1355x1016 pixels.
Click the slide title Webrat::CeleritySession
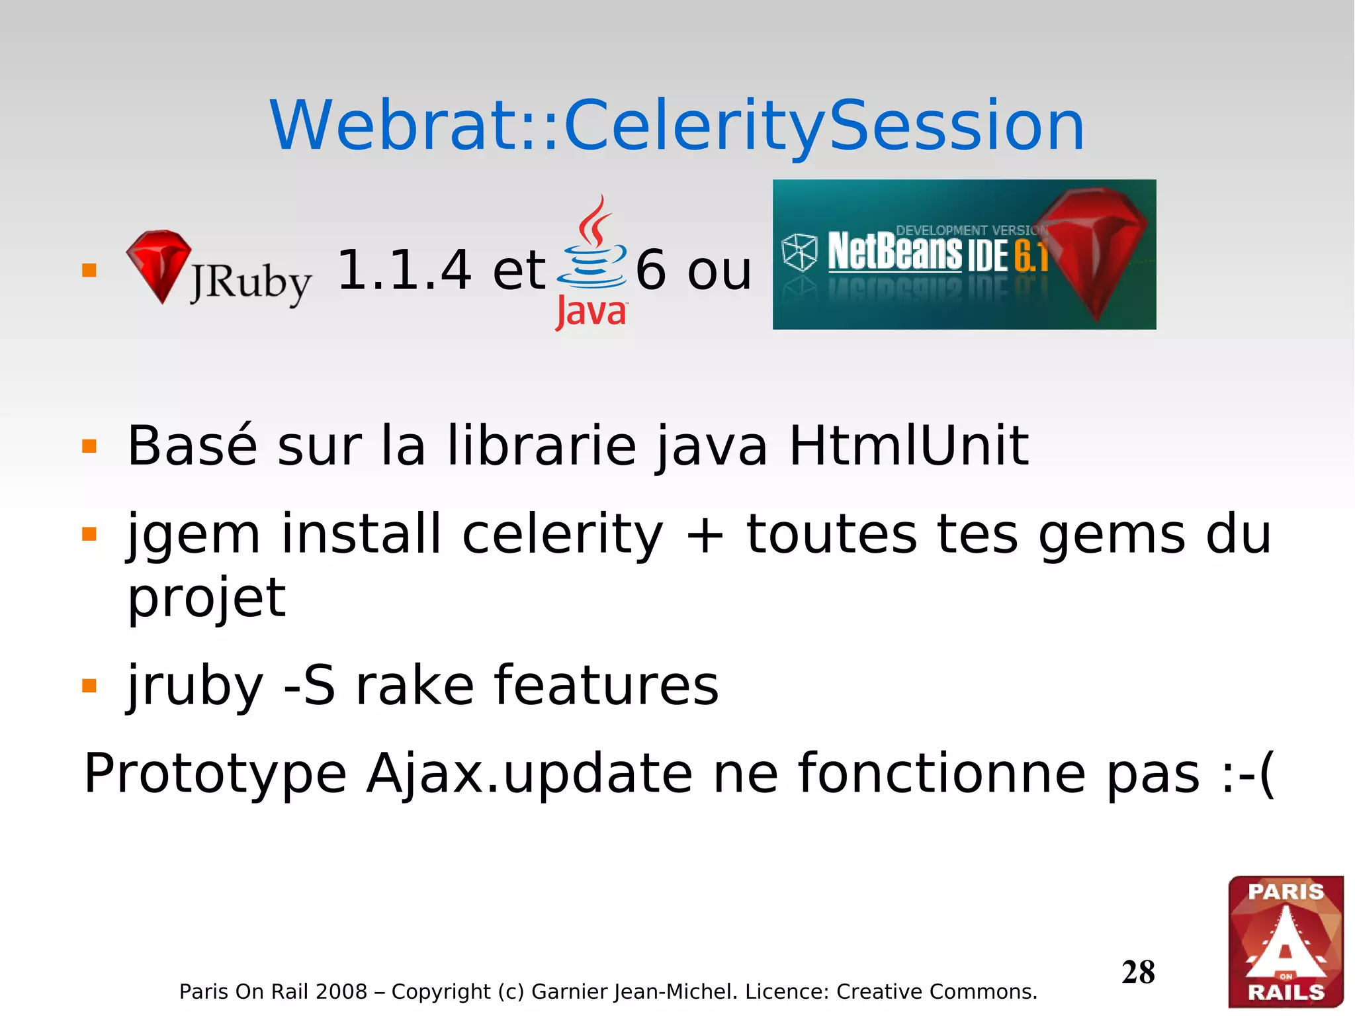(x=677, y=126)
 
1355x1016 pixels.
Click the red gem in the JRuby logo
(x=159, y=265)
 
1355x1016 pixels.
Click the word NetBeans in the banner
(x=895, y=252)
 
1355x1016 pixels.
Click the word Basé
(x=192, y=446)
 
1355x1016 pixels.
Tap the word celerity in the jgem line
(x=562, y=535)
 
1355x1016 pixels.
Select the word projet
(x=206, y=598)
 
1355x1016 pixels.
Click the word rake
(x=415, y=686)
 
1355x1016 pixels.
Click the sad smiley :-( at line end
(x=1247, y=773)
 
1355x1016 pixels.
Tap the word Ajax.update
(x=530, y=773)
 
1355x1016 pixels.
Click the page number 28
(x=1138, y=972)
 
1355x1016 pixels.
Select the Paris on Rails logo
(x=1286, y=941)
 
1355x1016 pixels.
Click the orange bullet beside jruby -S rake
(x=89, y=686)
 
